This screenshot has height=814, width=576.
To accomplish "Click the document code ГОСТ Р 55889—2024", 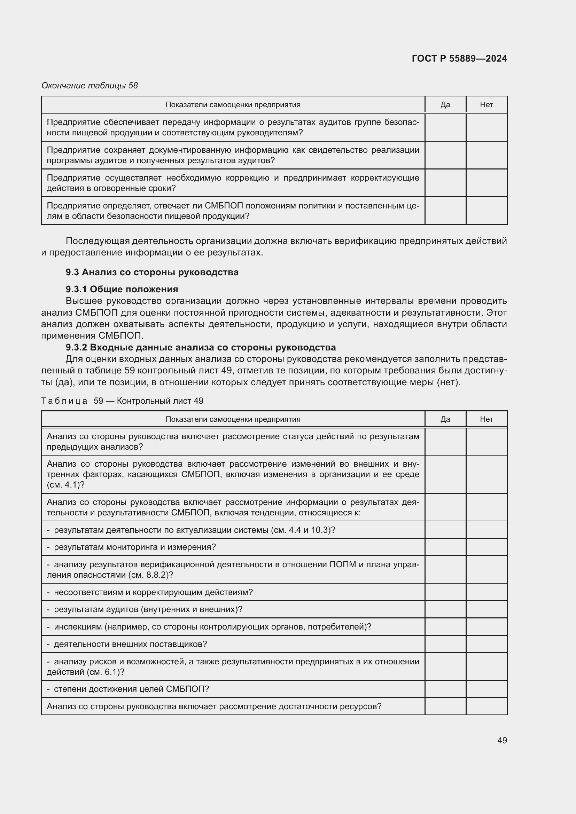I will (x=459, y=58).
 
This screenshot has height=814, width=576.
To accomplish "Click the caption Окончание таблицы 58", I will (x=90, y=86).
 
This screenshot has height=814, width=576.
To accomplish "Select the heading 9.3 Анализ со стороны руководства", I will (x=152, y=272).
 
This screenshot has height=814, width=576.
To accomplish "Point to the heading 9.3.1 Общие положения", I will (x=122, y=289).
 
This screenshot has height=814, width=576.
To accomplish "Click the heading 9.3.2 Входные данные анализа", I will (x=200, y=347).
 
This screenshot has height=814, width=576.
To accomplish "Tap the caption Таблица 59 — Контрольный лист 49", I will (x=122, y=401).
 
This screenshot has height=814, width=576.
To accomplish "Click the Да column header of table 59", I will (x=445, y=419).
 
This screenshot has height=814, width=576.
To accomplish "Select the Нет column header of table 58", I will (x=486, y=105).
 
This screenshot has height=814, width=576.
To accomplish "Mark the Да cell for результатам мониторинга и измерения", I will (x=445, y=547).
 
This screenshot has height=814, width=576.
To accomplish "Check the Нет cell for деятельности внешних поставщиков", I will (x=486, y=644).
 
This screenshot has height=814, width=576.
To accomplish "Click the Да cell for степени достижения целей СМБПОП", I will (x=445, y=689).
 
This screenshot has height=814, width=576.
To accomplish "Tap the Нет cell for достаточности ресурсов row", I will (x=486, y=706).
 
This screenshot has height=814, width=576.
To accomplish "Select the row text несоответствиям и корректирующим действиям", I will (x=153, y=592).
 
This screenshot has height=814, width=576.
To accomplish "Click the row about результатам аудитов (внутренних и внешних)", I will (x=148, y=609).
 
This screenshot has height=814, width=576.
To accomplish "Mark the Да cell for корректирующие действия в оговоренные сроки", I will (x=445, y=183).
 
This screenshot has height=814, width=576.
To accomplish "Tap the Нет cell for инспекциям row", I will (x=486, y=626).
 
